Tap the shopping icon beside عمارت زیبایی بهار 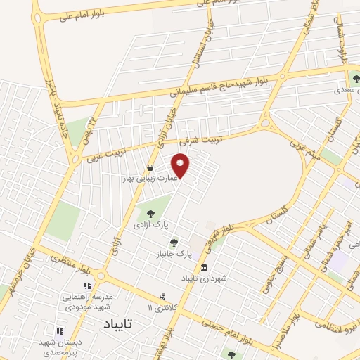[150, 167]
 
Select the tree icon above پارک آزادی [148, 213]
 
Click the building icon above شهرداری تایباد [204, 268]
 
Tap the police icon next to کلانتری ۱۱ [162, 296]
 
